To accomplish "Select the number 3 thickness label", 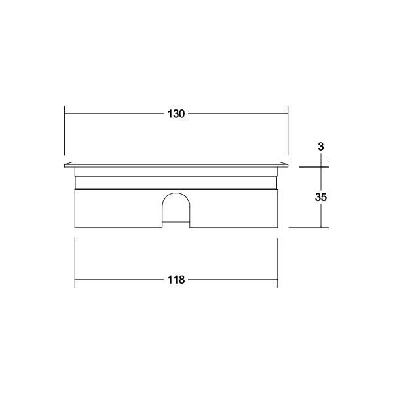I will [320, 147].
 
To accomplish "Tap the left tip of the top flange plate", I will [65, 164].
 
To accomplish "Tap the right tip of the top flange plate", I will [288, 164].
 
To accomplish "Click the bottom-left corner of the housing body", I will [76, 227].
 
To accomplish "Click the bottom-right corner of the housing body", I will [277, 227].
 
